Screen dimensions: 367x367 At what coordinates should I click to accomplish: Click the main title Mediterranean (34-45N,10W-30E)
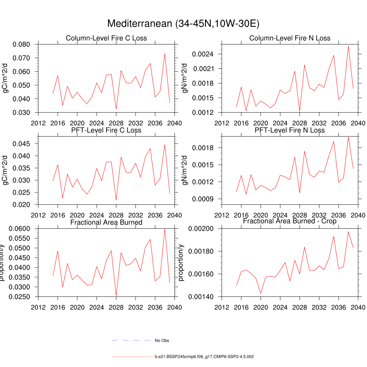pyautogui.click(x=183, y=24)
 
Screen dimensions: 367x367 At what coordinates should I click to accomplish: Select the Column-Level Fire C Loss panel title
pyautogui.click(x=106, y=38)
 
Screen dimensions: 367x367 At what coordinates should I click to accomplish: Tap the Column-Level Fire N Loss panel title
pyautogui.click(x=290, y=38)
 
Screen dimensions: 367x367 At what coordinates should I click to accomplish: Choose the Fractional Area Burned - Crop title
pyautogui.click(x=290, y=221)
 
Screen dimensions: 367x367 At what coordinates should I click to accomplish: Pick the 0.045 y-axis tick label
pyautogui.click(x=24, y=144)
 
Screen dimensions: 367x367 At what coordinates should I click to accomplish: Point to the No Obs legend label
pyautogui.click(x=162, y=340)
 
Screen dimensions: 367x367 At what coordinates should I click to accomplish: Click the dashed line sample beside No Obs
pyautogui.click(x=131, y=340)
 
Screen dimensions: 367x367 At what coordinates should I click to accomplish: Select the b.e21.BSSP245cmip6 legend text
pyautogui.click(x=204, y=357)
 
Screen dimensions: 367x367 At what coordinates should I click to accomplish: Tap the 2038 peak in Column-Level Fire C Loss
pyautogui.click(x=165, y=54)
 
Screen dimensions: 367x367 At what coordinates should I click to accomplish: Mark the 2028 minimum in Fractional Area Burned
pyautogui.click(x=116, y=296)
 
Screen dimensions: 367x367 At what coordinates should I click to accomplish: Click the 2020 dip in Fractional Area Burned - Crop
pyautogui.click(x=261, y=294)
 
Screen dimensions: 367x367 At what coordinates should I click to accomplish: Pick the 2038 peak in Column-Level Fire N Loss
pyautogui.click(x=348, y=46)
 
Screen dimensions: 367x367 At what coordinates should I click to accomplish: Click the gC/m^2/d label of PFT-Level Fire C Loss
pyautogui.click(x=6, y=170)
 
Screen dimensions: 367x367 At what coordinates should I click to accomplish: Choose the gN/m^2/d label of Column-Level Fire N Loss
pyautogui.click(x=185, y=78)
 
